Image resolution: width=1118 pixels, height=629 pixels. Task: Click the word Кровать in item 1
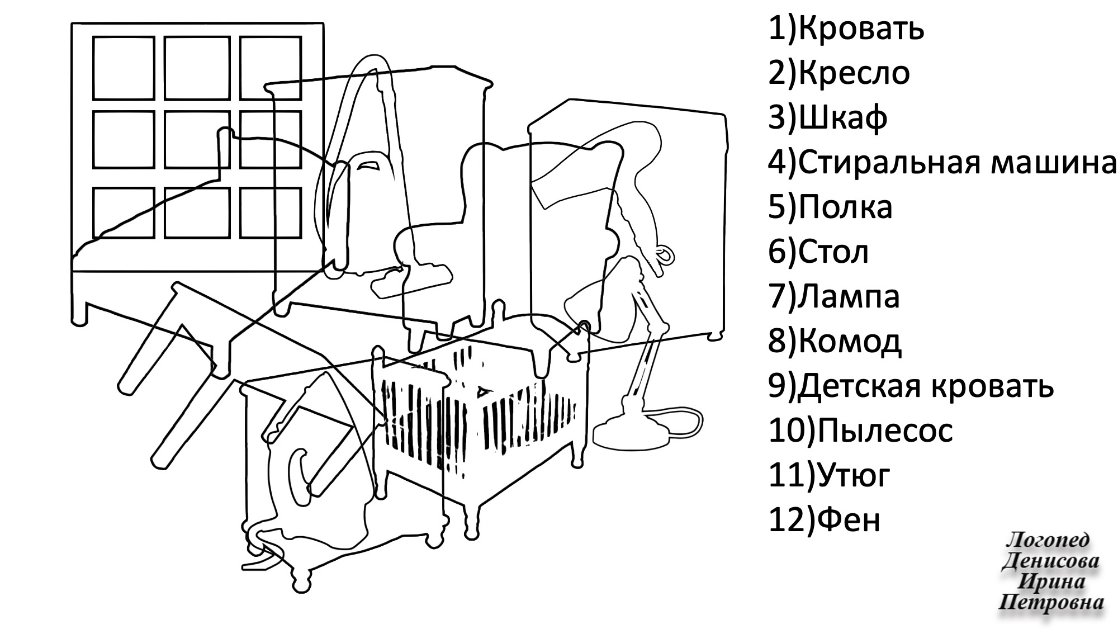(x=861, y=29)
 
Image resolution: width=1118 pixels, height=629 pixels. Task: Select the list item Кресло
(x=854, y=73)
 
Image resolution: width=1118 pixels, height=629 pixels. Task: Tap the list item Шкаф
(x=842, y=118)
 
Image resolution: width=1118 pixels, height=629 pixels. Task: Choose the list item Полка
(x=845, y=207)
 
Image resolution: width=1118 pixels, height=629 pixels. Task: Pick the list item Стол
(x=833, y=252)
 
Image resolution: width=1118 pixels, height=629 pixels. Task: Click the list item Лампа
(x=849, y=297)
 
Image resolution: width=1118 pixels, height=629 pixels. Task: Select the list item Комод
(x=850, y=342)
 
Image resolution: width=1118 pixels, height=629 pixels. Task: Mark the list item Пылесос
(x=884, y=431)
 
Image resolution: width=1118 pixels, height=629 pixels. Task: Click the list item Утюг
(x=853, y=476)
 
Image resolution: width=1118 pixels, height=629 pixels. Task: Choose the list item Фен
(x=847, y=521)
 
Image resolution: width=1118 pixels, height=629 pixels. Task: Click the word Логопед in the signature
(x=1047, y=540)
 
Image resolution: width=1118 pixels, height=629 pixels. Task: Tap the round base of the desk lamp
(x=632, y=433)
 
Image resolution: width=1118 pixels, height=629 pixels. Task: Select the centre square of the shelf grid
(x=197, y=139)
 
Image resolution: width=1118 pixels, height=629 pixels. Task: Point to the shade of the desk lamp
(x=598, y=313)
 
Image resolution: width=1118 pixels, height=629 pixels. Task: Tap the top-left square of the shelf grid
(x=123, y=68)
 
